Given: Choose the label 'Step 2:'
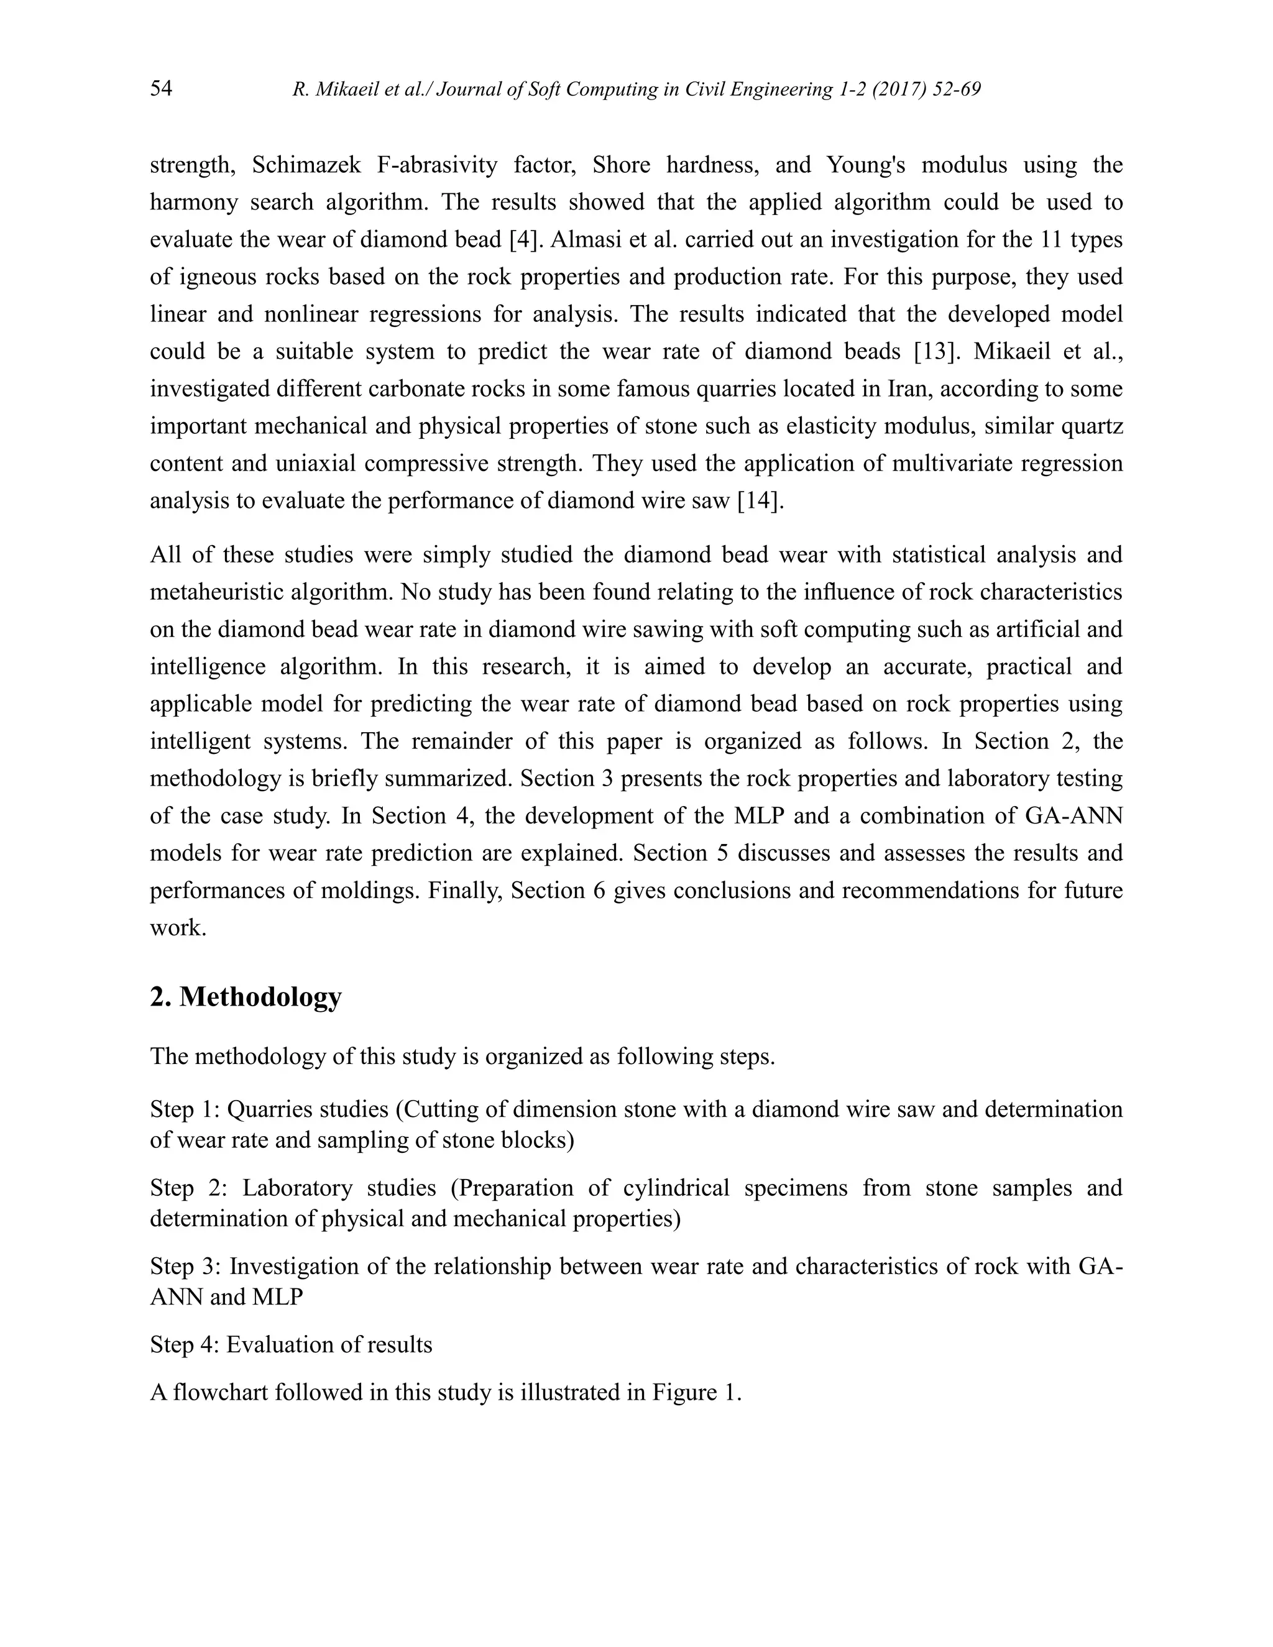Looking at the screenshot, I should (x=185, y=1187).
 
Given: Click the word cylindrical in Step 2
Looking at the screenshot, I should (x=676, y=1187).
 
